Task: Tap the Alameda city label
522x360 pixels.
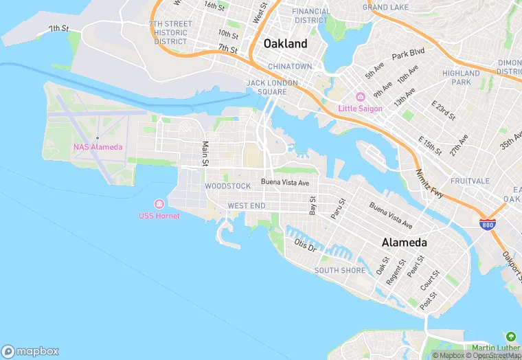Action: (x=405, y=243)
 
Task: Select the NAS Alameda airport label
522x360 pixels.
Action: (x=98, y=147)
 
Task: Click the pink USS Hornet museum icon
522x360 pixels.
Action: (x=159, y=204)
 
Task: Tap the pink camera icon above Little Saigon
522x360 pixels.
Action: (x=360, y=97)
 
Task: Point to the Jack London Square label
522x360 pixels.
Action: (x=272, y=87)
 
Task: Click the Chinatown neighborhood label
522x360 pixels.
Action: (x=290, y=67)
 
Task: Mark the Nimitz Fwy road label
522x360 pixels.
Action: (x=428, y=183)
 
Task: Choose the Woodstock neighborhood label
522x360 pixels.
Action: (x=227, y=186)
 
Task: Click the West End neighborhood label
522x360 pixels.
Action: (x=246, y=205)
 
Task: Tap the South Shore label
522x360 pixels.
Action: (x=340, y=270)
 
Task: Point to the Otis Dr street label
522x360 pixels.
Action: (x=304, y=245)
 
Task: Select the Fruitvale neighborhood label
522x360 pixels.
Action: (x=470, y=181)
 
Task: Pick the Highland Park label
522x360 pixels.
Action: (x=461, y=77)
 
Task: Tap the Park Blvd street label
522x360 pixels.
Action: (x=408, y=53)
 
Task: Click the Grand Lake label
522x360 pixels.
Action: (x=385, y=7)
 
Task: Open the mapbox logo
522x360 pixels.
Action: (x=30, y=350)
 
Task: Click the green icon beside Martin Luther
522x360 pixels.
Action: (x=510, y=337)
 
